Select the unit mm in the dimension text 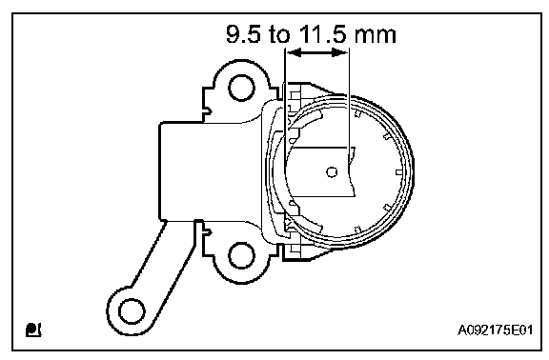tap(375, 35)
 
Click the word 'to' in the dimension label tap(280, 34)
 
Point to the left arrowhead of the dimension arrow tap(294, 52)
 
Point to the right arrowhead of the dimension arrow tap(340, 52)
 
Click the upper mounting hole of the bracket tap(241, 88)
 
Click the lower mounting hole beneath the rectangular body tap(241, 255)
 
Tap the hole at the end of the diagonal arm tap(132, 311)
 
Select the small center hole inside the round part tap(332, 171)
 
